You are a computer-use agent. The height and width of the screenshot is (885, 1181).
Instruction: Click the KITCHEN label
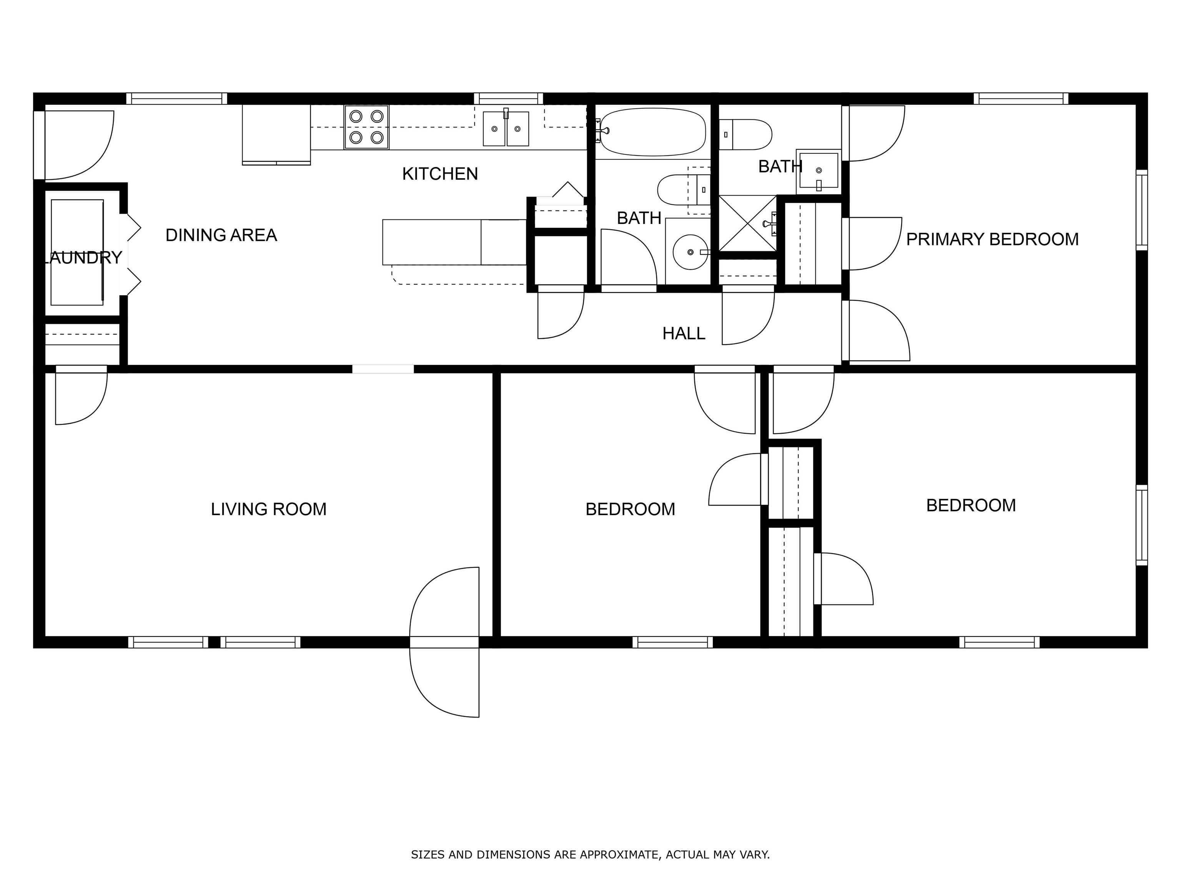(x=440, y=174)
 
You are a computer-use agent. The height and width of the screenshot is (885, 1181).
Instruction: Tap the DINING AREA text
(x=221, y=235)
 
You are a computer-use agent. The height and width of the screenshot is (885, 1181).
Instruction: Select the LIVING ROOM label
(x=269, y=509)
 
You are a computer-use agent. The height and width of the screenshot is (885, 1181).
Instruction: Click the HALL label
(x=684, y=334)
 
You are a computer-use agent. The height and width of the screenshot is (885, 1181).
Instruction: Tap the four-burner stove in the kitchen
(x=366, y=127)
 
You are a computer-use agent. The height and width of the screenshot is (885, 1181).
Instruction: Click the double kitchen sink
(x=506, y=128)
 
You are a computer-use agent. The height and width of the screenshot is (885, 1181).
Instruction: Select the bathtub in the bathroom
(x=651, y=132)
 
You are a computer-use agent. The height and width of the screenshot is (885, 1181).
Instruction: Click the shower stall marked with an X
(x=747, y=223)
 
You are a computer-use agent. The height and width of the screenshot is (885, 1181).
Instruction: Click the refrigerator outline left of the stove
(x=276, y=134)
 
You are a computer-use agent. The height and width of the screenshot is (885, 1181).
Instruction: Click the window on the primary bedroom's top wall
(x=1021, y=99)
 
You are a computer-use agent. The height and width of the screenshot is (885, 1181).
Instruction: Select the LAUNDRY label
(x=82, y=258)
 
